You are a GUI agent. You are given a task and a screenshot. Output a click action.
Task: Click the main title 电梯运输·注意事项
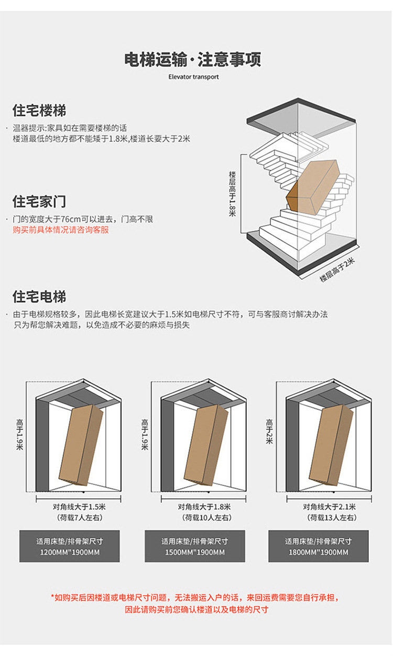[193, 59]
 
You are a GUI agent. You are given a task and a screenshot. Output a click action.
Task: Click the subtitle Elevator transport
[193, 76]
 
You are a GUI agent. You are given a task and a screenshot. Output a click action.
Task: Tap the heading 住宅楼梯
[39, 111]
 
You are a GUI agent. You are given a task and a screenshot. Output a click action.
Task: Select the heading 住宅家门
[39, 202]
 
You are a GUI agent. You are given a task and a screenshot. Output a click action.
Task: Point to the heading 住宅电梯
[39, 297]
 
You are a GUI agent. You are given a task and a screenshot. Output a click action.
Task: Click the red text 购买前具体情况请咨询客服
[61, 229]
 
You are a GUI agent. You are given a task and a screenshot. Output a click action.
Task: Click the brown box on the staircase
[313, 188]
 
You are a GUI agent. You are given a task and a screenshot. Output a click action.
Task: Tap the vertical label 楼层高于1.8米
[232, 193]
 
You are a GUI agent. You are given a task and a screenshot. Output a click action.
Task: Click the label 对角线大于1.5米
[79, 507]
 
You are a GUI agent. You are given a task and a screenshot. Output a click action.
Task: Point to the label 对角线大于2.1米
[329, 507]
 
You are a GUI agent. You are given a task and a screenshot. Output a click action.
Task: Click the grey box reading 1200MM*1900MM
[70, 546]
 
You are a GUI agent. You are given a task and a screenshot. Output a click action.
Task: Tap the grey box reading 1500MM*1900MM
[194, 546]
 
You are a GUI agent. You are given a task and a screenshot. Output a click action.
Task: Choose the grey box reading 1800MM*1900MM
[319, 546]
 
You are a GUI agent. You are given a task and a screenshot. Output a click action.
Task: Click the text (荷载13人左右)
[329, 518]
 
